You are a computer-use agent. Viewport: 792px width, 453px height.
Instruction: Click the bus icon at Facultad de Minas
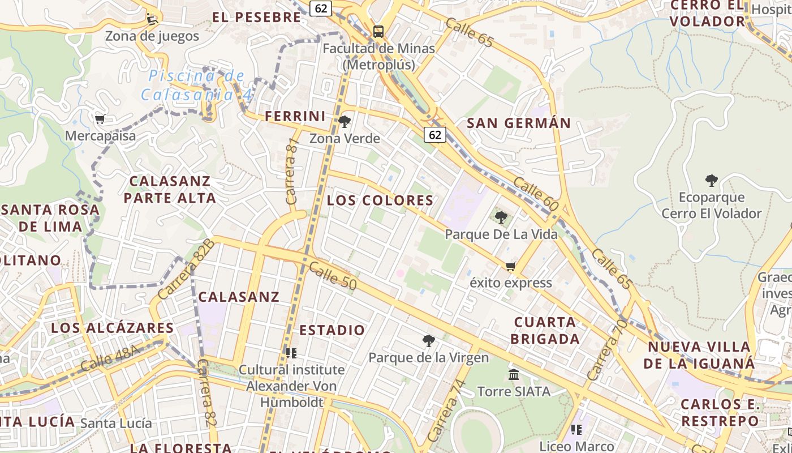click(x=378, y=32)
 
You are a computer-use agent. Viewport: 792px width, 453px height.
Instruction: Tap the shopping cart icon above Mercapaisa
click(x=100, y=119)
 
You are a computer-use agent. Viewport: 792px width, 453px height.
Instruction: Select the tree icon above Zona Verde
click(x=344, y=121)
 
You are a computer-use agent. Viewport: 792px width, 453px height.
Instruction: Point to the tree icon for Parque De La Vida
click(x=501, y=217)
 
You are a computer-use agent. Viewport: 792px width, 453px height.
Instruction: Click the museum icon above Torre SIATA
click(x=514, y=374)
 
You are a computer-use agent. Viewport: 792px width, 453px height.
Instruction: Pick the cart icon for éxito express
click(x=511, y=266)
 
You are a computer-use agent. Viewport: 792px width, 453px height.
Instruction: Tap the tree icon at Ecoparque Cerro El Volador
click(x=711, y=181)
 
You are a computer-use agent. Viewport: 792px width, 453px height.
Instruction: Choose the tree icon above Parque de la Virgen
click(x=428, y=340)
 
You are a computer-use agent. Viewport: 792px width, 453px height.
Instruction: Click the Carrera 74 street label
click(x=447, y=411)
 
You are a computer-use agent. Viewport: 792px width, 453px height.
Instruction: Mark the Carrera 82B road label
click(x=186, y=269)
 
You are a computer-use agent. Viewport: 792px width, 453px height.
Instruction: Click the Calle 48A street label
click(x=110, y=358)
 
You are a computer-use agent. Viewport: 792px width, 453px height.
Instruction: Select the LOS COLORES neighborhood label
click(x=380, y=200)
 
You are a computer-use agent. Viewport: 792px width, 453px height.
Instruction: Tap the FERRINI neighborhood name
click(x=295, y=117)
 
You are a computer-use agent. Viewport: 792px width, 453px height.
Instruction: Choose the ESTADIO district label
click(x=332, y=330)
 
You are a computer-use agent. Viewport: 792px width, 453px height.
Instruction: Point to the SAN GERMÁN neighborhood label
click(x=518, y=123)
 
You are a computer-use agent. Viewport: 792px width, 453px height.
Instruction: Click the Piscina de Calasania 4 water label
click(x=197, y=85)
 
